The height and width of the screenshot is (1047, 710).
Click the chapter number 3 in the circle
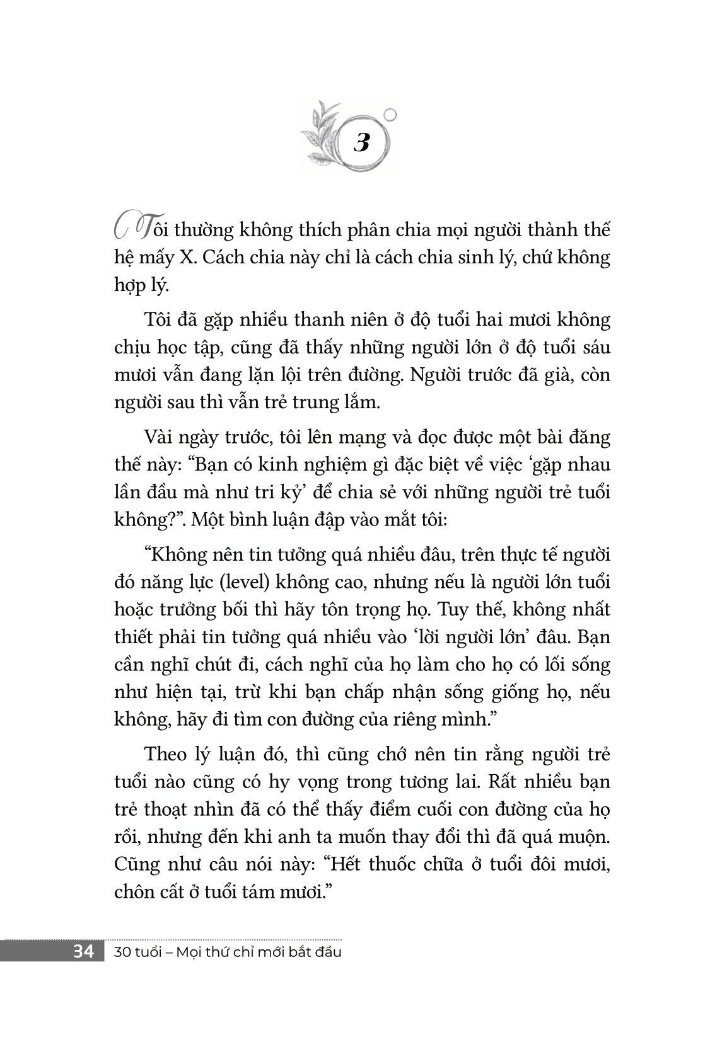(362, 143)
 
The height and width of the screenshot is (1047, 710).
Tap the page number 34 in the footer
(83, 951)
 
